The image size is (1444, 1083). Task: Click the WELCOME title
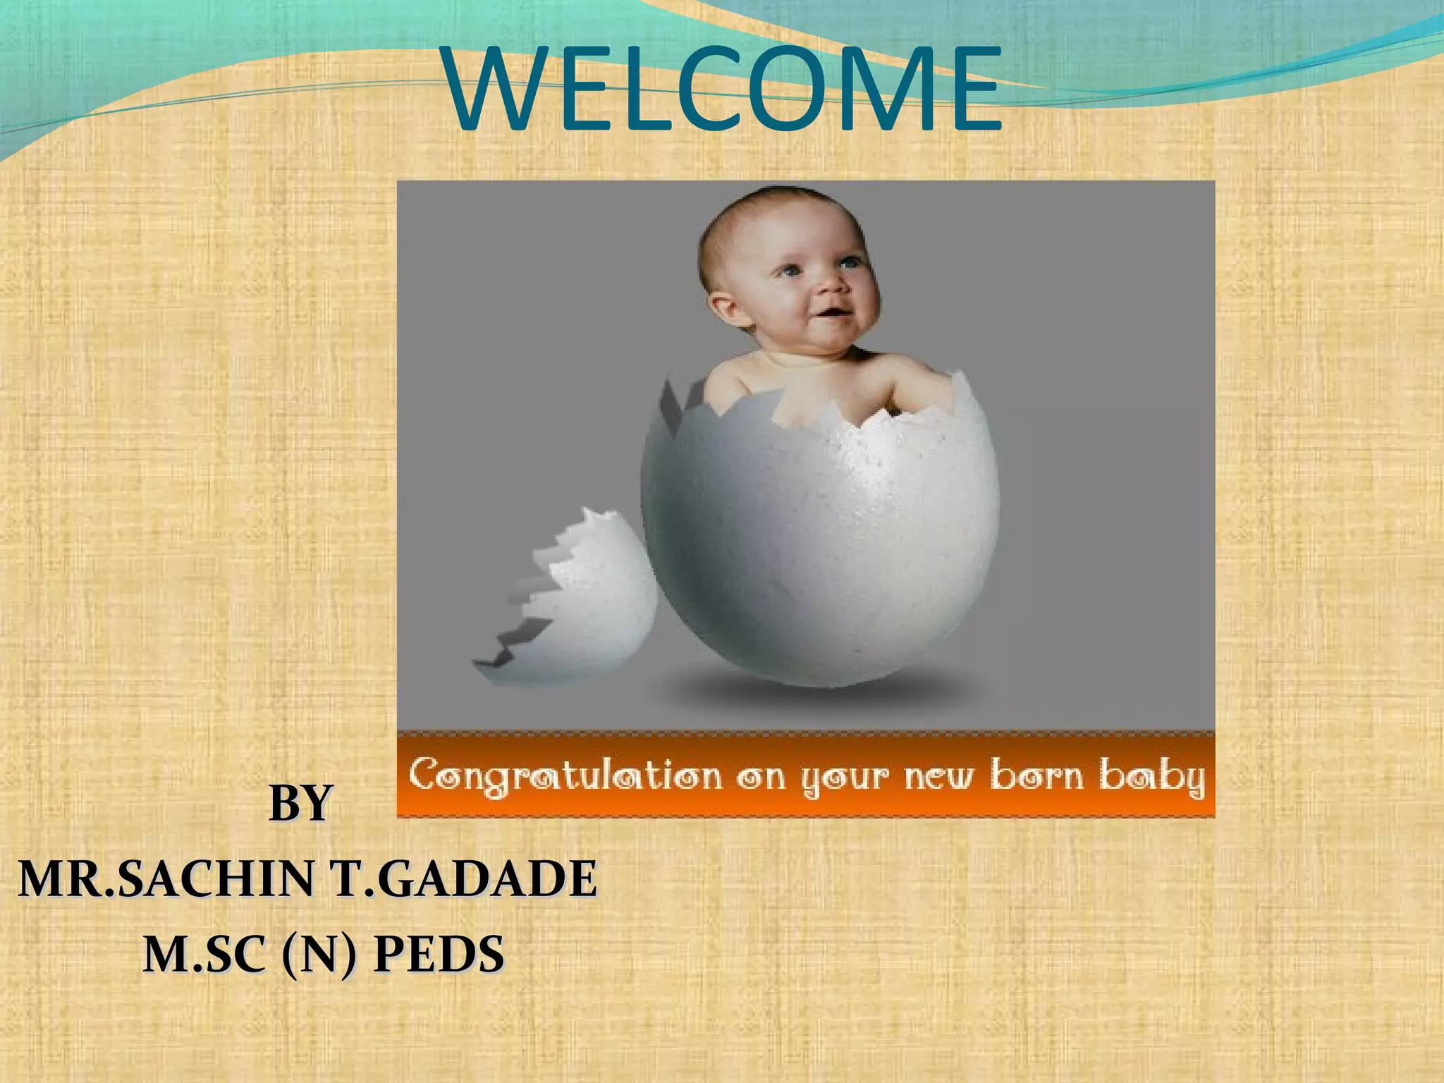coord(722,88)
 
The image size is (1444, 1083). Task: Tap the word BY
coord(300,803)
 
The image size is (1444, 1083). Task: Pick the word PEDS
coord(438,955)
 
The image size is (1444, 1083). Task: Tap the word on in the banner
coord(762,778)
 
